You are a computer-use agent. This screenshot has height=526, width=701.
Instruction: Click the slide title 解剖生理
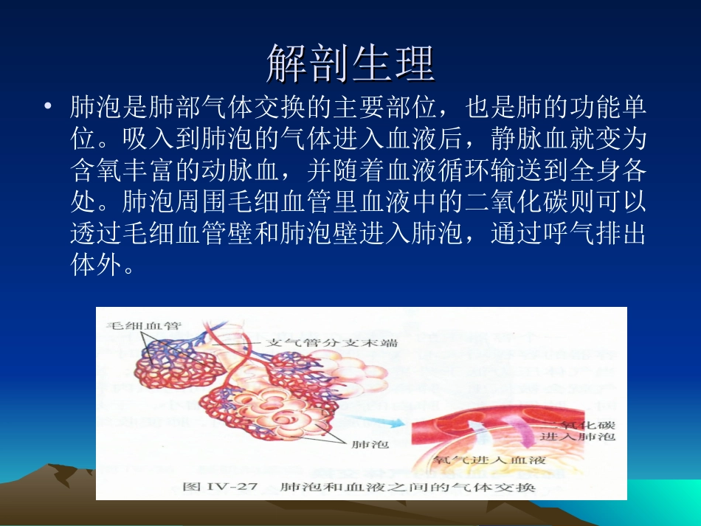pyautogui.click(x=350, y=62)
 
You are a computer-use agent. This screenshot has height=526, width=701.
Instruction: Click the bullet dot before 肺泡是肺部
pyautogui.click(x=48, y=108)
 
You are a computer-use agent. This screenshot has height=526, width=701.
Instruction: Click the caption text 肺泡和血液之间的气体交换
pyautogui.click(x=402, y=488)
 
